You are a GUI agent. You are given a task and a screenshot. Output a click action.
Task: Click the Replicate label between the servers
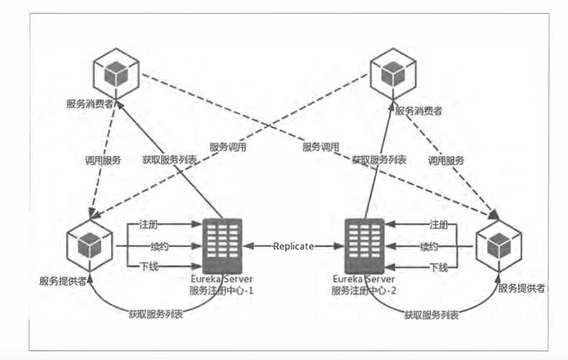[x=294, y=246]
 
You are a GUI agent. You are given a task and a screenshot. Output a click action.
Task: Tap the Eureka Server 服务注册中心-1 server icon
[x=222, y=246]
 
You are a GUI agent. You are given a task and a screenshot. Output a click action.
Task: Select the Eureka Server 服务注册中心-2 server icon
[x=365, y=246]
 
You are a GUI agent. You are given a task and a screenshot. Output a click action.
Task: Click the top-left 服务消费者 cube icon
[x=116, y=74]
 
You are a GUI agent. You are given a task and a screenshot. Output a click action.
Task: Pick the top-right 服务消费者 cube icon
[x=393, y=74]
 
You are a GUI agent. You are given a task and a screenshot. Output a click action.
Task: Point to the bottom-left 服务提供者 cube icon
[x=90, y=246]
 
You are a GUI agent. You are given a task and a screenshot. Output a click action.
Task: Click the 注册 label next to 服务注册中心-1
[x=148, y=225]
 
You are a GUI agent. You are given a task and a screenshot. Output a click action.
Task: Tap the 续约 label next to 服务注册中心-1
[x=159, y=246]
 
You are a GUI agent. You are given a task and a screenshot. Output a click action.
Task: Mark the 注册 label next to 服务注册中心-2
[x=438, y=225]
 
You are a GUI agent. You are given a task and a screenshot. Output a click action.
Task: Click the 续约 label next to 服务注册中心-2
[x=429, y=246]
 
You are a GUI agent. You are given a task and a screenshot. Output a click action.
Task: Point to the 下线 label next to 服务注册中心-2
[x=438, y=267]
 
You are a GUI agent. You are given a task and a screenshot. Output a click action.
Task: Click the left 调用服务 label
[x=103, y=160]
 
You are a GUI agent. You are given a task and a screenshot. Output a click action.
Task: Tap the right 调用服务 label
[x=446, y=161]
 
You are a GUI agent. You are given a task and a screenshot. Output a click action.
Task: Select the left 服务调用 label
[x=228, y=147]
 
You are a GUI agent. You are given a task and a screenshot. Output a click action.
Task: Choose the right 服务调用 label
[x=320, y=147]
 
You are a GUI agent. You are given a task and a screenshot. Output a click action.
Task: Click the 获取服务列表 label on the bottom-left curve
[x=156, y=314]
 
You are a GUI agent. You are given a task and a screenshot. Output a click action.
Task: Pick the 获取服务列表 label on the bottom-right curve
[x=431, y=315]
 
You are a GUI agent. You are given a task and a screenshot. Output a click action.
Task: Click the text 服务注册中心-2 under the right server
[x=364, y=291]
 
